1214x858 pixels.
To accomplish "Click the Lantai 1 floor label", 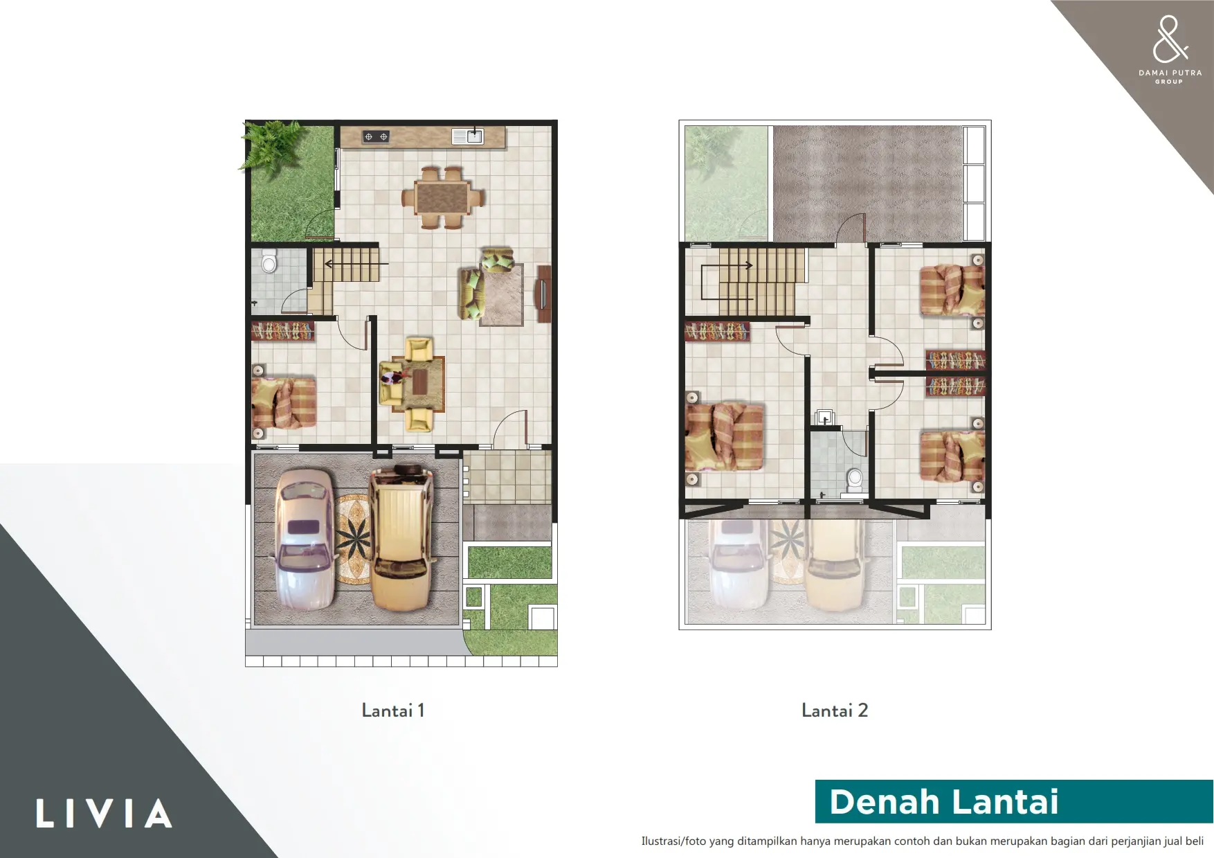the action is pos(392,710).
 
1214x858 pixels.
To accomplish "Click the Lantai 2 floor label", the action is pos(835,710).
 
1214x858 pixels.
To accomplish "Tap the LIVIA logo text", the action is pos(104,814).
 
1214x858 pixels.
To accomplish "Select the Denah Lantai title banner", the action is pos(1014,801).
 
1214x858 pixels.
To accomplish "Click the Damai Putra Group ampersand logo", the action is pos(1169,39).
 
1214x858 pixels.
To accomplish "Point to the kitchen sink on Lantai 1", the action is pos(468,136).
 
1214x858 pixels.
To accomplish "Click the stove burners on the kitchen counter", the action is pos(376,137).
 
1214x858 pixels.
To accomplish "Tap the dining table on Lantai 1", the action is pos(442,197).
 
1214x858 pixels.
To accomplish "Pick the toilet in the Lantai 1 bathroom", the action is pos(269,262).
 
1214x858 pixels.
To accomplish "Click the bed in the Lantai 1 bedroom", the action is pos(284,402).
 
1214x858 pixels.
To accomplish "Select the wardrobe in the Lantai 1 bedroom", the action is pos(282,331).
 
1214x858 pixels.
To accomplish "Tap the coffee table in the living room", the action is pos(419,382).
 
